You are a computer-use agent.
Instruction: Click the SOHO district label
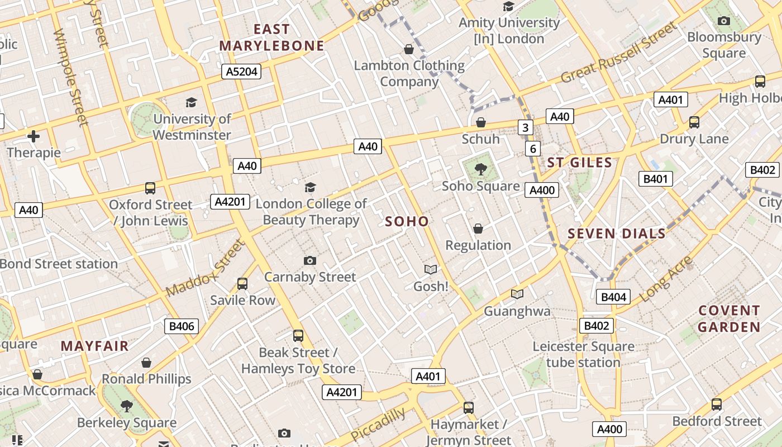pyautogui.click(x=407, y=221)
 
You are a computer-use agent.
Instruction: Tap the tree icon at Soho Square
pyautogui.click(x=480, y=168)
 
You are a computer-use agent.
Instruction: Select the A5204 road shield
pyautogui.click(x=241, y=72)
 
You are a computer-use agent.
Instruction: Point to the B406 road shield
pyautogui.click(x=182, y=326)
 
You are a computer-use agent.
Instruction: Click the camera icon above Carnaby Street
pyautogui.click(x=309, y=260)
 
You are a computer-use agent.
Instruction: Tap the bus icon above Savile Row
pyautogui.click(x=242, y=284)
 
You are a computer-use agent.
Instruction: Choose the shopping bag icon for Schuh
pyautogui.click(x=480, y=122)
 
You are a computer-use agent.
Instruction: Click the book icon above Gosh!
pyautogui.click(x=430, y=270)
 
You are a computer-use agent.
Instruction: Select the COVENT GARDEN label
pyautogui.click(x=729, y=318)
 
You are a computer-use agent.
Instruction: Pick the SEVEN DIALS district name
pyautogui.click(x=617, y=234)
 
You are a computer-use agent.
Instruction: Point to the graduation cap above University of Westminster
pyautogui.click(x=191, y=102)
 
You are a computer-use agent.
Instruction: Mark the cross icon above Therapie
pyautogui.click(x=34, y=136)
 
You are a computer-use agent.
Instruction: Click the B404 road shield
pyautogui.click(x=613, y=297)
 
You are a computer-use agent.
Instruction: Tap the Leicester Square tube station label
pyautogui.click(x=583, y=354)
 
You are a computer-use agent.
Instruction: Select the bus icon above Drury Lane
pyautogui.click(x=694, y=122)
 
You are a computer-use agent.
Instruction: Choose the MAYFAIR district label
pyautogui.click(x=94, y=346)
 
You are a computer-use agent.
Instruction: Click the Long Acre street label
pyautogui.click(x=666, y=279)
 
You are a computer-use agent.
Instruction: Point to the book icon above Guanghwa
pyautogui.click(x=517, y=294)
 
